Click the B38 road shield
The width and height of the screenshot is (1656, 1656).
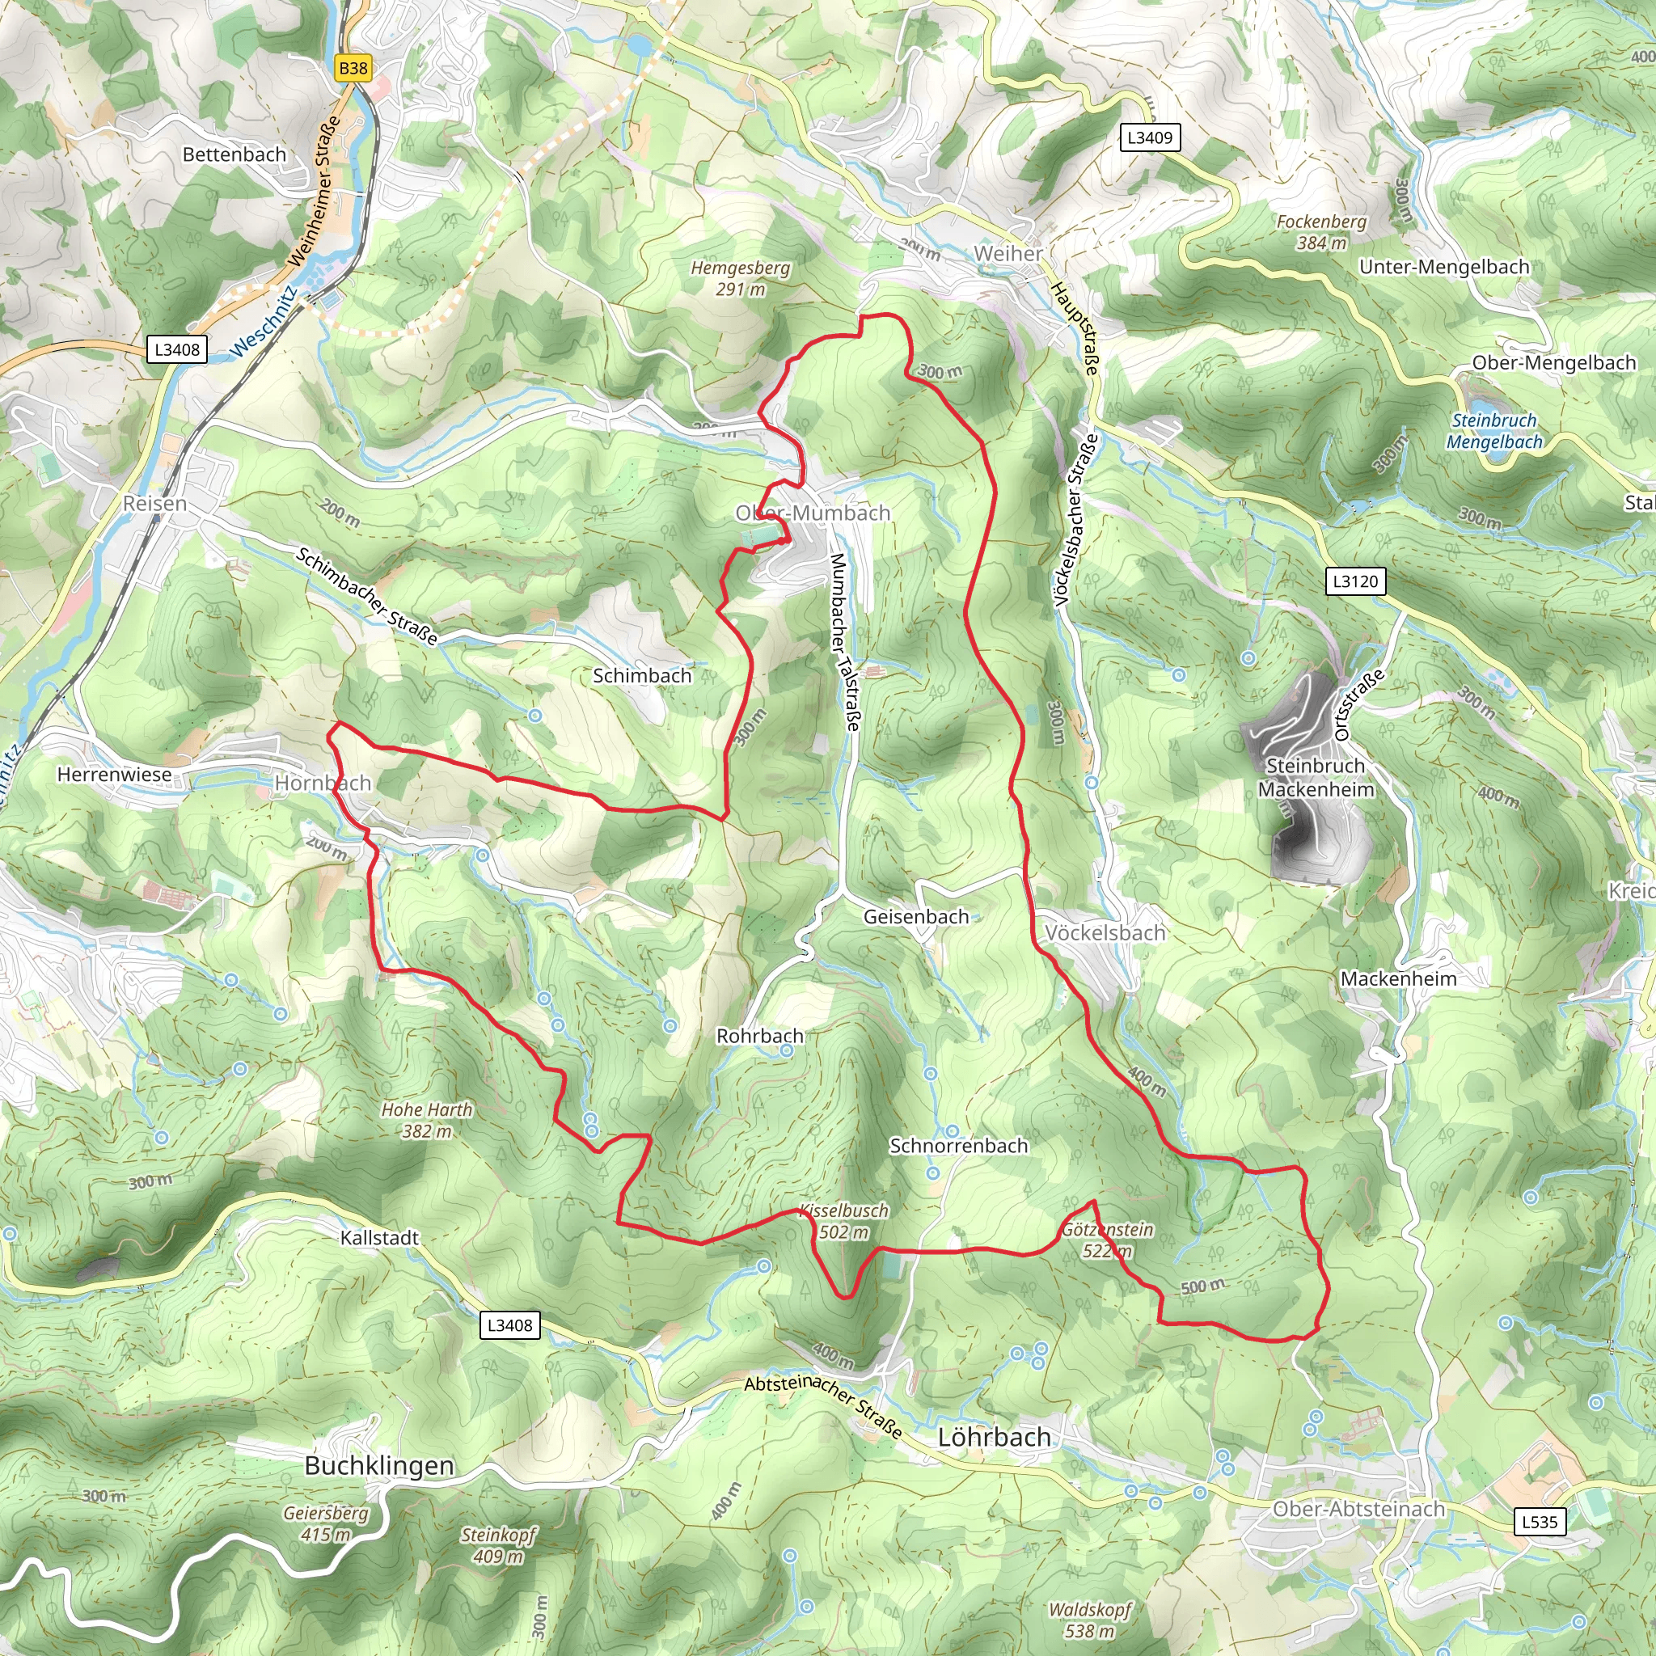(x=353, y=69)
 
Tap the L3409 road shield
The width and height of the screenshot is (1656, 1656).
(x=1150, y=137)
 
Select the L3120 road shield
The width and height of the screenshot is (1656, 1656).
(x=1354, y=581)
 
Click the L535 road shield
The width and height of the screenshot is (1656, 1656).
(x=1540, y=1523)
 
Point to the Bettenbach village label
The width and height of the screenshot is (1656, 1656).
(x=234, y=154)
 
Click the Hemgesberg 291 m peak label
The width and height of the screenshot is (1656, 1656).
(x=741, y=279)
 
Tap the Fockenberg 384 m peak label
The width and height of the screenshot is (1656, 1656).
(x=1321, y=232)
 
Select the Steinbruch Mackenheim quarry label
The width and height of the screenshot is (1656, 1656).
(x=1316, y=777)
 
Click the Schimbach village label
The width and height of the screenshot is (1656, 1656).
(x=642, y=675)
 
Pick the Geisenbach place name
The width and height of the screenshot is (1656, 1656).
(x=915, y=916)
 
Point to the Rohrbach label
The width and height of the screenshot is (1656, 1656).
(x=759, y=1036)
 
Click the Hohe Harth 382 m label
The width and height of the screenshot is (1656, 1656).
(x=427, y=1120)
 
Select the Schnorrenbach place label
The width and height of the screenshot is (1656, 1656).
(x=958, y=1146)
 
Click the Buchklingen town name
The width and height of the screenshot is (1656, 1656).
(x=379, y=1466)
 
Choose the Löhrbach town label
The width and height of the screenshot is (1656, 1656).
(x=994, y=1438)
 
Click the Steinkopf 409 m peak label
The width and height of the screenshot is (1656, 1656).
(x=498, y=1545)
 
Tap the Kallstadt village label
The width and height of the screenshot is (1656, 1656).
(x=379, y=1238)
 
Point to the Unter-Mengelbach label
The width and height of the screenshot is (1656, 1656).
(x=1443, y=267)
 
